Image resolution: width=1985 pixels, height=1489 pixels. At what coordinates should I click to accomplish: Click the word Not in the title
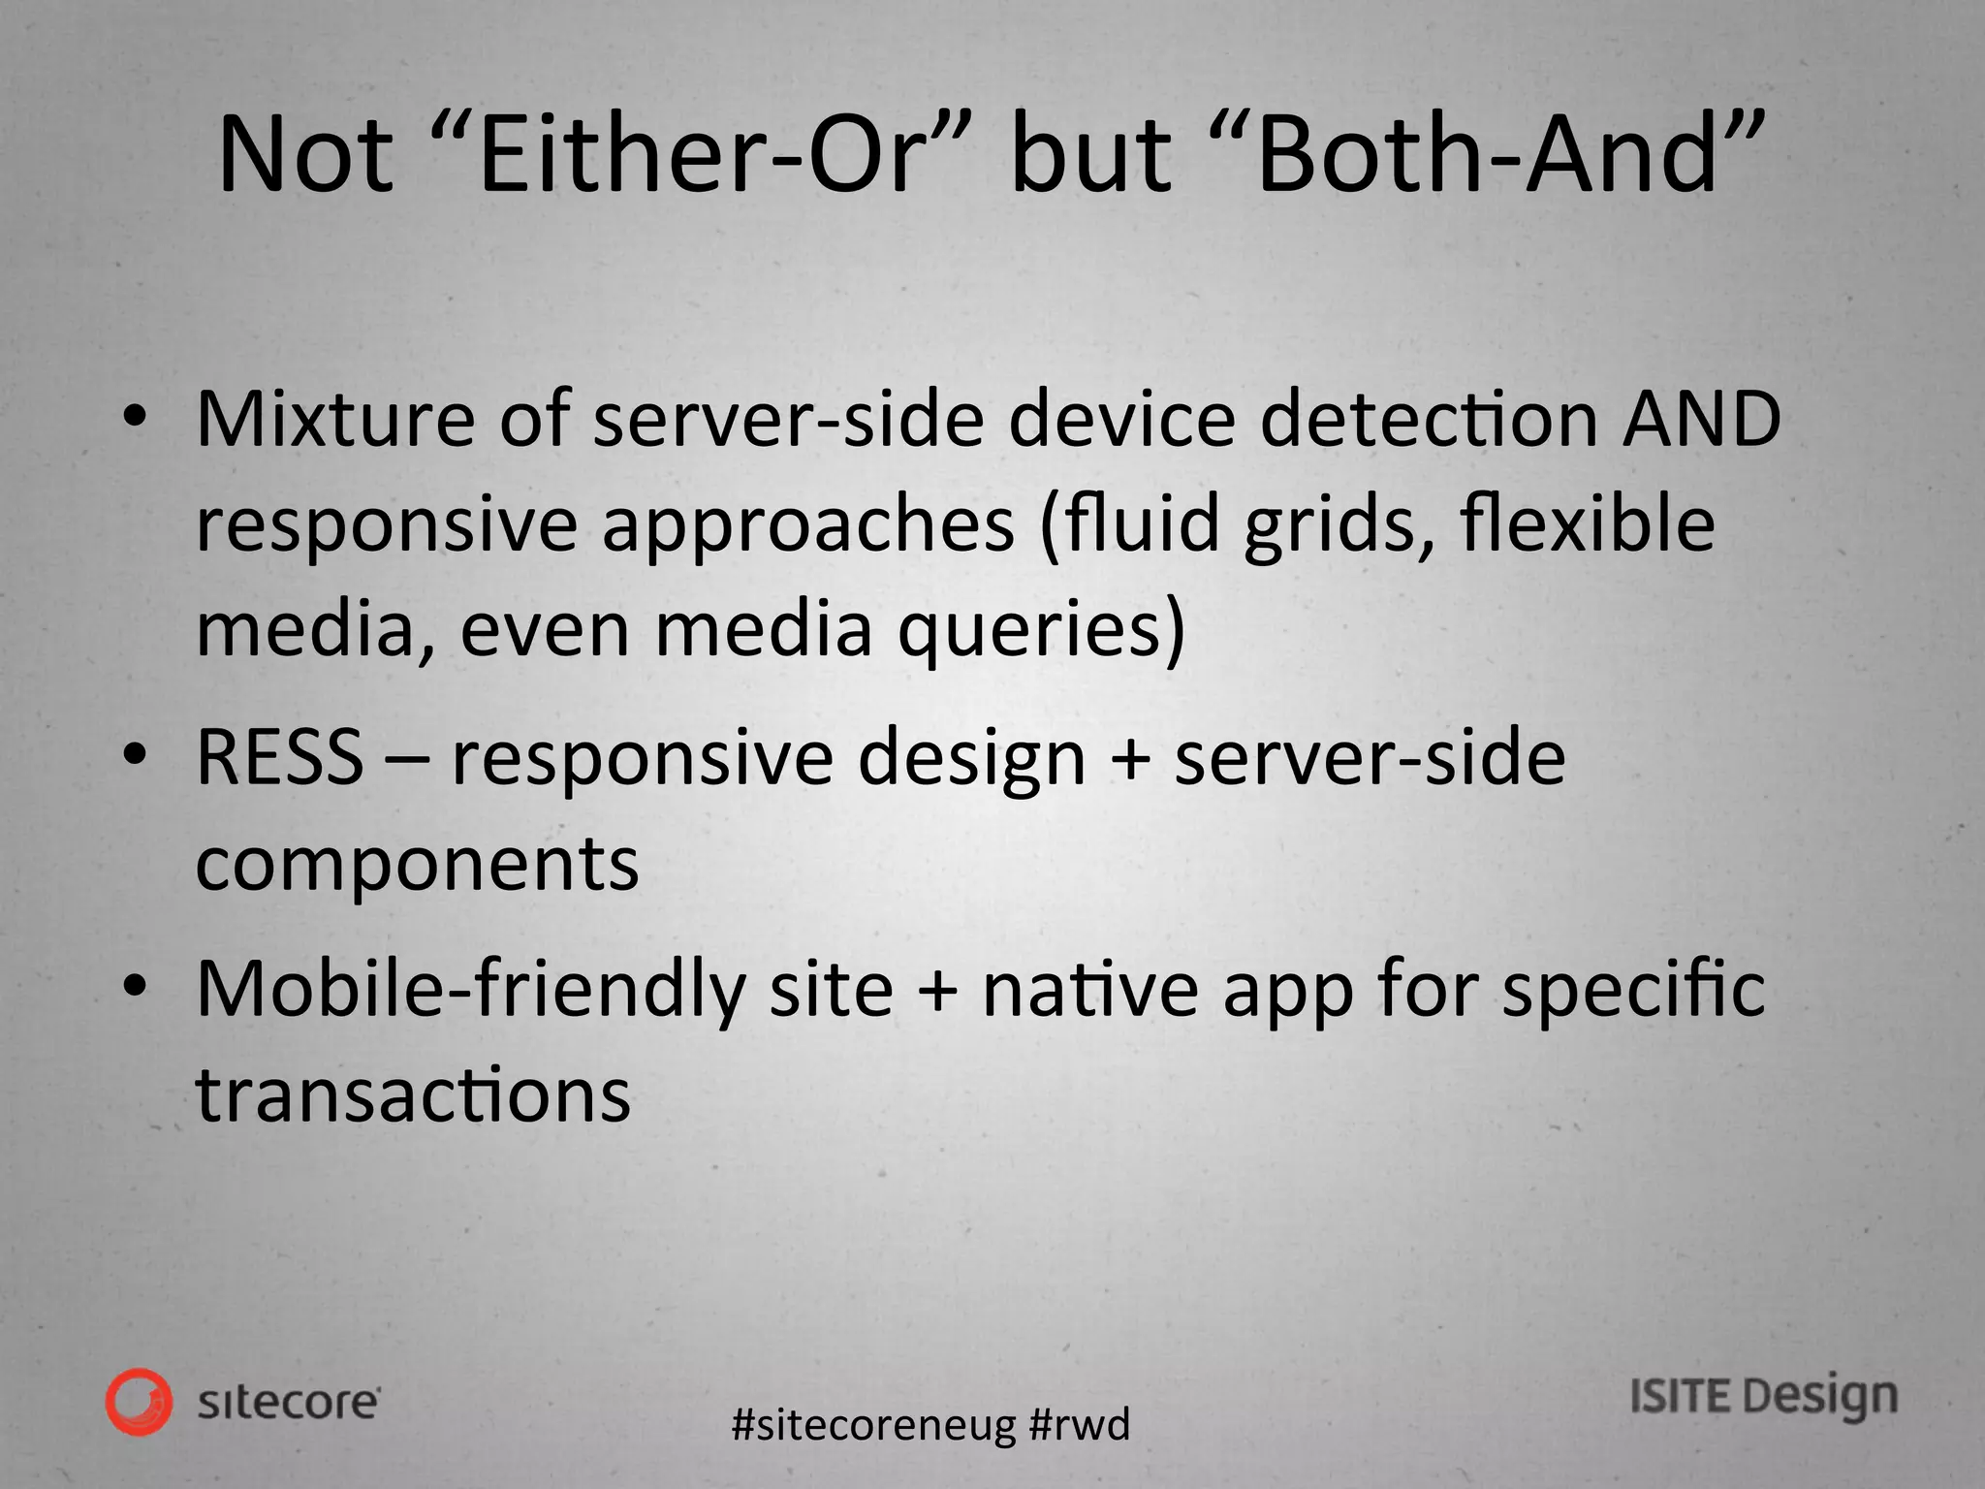(x=306, y=156)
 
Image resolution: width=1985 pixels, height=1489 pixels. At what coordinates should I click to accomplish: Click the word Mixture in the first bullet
(x=335, y=420)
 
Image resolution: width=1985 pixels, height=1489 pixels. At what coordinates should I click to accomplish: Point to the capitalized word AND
(x=1702, y=420)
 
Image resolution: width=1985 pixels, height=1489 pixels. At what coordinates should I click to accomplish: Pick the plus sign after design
(x=1129, y=759)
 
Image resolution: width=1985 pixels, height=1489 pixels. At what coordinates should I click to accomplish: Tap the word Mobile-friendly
(x=471, y=989)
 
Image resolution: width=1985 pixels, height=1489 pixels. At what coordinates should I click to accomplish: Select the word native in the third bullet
(x=1090, y=989)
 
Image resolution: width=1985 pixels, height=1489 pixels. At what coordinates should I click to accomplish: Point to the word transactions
(x=413, y=1094)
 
